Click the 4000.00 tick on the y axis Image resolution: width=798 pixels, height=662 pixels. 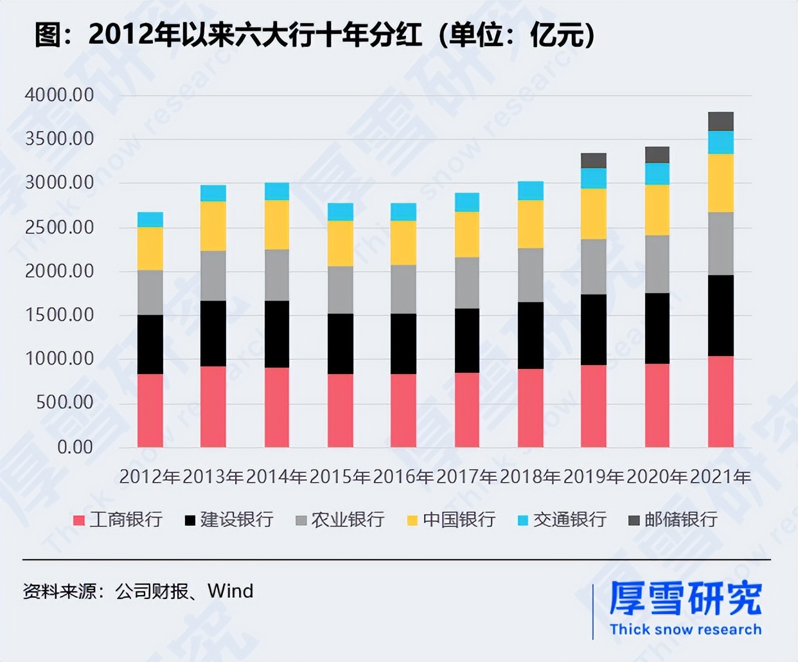point(59,95)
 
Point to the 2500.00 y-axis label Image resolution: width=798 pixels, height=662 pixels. point(59,228)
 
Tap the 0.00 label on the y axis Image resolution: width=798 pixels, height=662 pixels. point(75,447)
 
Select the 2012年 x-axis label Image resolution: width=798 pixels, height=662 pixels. point(150,477)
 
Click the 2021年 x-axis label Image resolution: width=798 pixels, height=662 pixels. point(720,477)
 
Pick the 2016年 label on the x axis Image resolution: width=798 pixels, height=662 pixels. point(403,477)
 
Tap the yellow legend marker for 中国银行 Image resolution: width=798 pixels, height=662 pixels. point(412,520)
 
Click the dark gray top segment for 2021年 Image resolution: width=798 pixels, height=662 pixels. point(720,121)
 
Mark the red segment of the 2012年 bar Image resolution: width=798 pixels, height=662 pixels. point(150,410)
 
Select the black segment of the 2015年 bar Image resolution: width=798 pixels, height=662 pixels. point(340,344)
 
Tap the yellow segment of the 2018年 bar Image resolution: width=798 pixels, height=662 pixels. point(530,224)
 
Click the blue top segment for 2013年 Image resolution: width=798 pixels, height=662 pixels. point(213,193)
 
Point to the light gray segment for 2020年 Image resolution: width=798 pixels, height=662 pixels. point(657,264)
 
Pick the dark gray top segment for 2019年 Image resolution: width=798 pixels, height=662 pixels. point(593,161)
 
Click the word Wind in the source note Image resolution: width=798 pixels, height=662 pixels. point(230,591)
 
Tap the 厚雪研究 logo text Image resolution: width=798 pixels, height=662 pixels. point(685,598)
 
